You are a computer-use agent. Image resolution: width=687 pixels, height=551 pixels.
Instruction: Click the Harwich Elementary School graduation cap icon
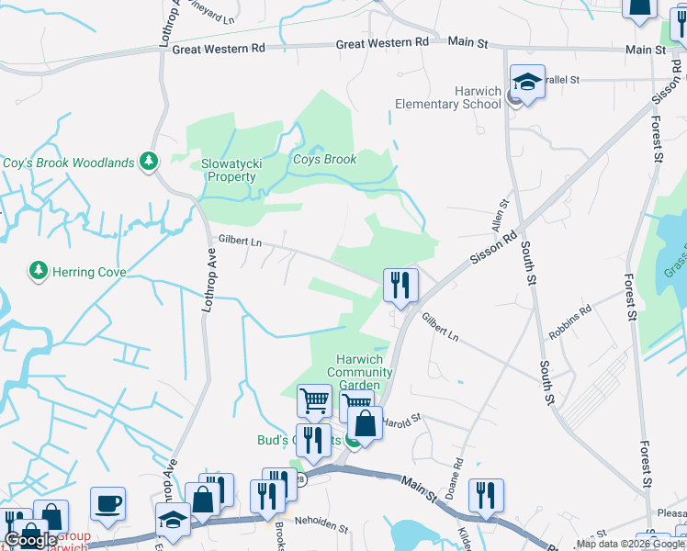528,83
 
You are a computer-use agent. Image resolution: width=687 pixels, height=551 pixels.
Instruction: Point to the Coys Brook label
324,159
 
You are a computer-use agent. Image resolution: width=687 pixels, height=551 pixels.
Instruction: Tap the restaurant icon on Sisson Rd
400,285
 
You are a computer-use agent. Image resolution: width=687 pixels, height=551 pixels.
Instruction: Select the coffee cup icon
108,504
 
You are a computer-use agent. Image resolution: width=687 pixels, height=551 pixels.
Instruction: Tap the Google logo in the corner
32,540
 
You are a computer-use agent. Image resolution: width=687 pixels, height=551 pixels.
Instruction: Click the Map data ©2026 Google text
631,544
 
